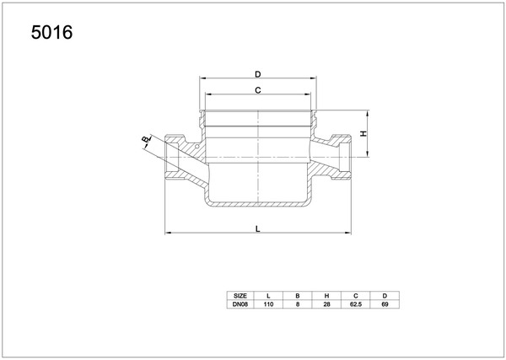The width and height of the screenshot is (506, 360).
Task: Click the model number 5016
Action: click(x=51, y=33)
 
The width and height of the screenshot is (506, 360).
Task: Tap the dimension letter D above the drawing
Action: click(x=257, y=74)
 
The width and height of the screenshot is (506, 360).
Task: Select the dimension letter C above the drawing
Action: click(x=257, y=91)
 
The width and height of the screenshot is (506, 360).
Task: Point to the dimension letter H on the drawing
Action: click(x=363, y=133)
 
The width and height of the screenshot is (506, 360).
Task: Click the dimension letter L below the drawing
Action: click(x=257, y=229)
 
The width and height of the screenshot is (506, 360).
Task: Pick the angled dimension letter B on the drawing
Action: click(x=146, y=139)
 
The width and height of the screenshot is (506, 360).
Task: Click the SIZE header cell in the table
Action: click(x=240, y=296)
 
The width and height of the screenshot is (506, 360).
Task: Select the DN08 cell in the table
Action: click(x=240, y=304)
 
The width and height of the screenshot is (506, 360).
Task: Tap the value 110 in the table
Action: click(x=268, y=304)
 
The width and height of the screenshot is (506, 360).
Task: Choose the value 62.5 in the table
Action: click(x=356, y=304)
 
